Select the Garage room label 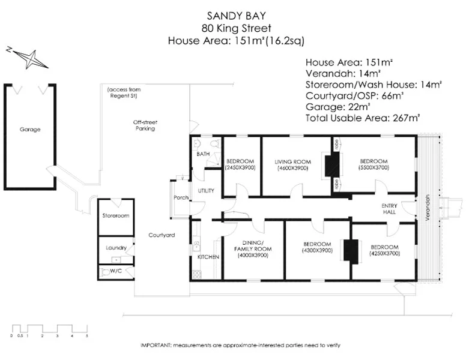[30, 130]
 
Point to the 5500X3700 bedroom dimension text [374, 169]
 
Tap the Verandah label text [428, 208]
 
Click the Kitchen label [205, 257]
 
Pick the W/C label [114, 271]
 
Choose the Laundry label [116, 247]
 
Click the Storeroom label [116, 215]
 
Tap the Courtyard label [162, 235]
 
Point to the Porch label [181, 197]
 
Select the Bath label [203, 155]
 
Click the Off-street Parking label [145, 125]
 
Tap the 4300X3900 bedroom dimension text [317, 251]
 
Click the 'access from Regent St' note [124, 92]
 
